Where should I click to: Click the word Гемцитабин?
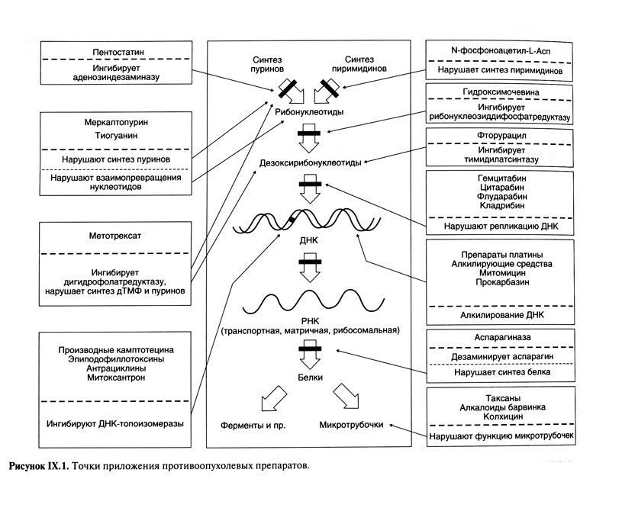tap(500, 178)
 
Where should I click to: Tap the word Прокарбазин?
tap(500, 283)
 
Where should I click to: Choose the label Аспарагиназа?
tap(500, 336)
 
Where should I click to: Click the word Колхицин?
tap(500, 417)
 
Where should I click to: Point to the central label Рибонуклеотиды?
tap(308, 111)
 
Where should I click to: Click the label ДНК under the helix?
tap(310, 239)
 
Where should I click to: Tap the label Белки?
tap(310, 377)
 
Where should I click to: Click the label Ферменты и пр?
tap(253, 424)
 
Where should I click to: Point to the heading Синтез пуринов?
tap(270, 63)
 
